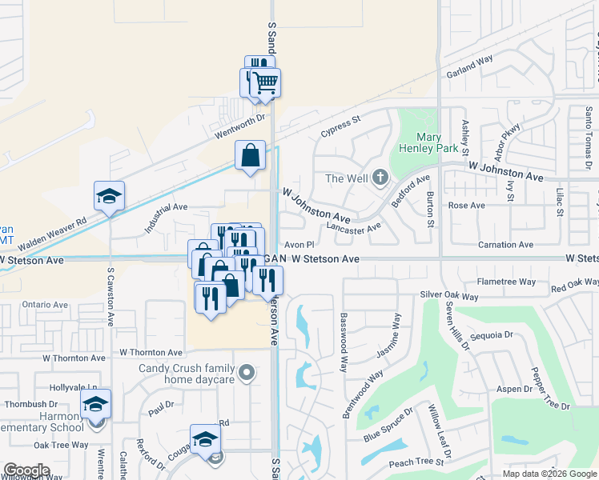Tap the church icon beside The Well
380,177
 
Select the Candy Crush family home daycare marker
247,373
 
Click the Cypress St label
341,126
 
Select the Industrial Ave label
166,218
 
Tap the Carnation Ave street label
505,245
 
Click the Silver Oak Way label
449,295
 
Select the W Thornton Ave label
151,352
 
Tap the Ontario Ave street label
45,305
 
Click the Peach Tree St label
416,462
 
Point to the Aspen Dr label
513,388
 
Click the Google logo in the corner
27,470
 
